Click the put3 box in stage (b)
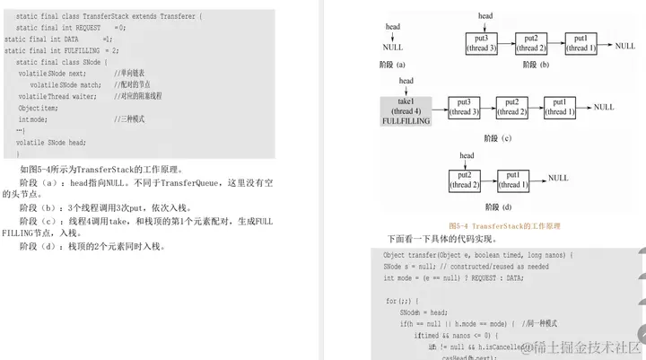(481, 43)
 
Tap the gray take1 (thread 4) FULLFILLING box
(406, 110)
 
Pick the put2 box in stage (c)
(512, 107)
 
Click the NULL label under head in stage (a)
(393, 47)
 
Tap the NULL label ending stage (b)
(625, 45)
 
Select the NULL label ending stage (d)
(558, 178)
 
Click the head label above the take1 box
(406, 82)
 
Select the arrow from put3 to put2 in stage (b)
(506, 43)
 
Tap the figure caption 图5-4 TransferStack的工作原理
(504, 227)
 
